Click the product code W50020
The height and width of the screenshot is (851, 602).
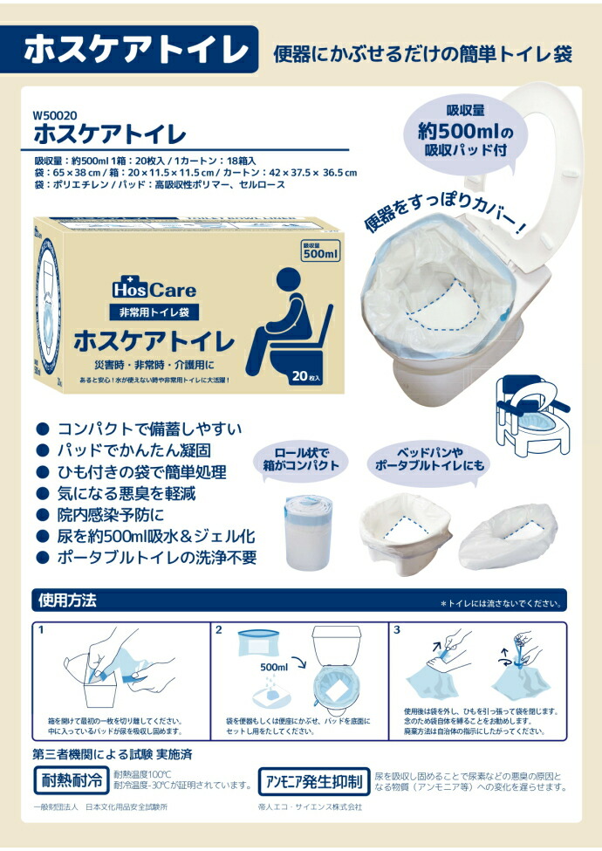pyautogui.click(x=55, y=115)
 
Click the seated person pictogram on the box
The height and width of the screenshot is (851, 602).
pyautogui.click(x=290, y=319)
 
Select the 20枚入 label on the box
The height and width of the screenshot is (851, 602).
pyautogui.click(x=311, y=378)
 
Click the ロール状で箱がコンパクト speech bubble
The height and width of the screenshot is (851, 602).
pyautogui.click(x=301, y=459)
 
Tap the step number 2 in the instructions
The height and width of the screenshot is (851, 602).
pyautogui.click(x=219, y=628)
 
